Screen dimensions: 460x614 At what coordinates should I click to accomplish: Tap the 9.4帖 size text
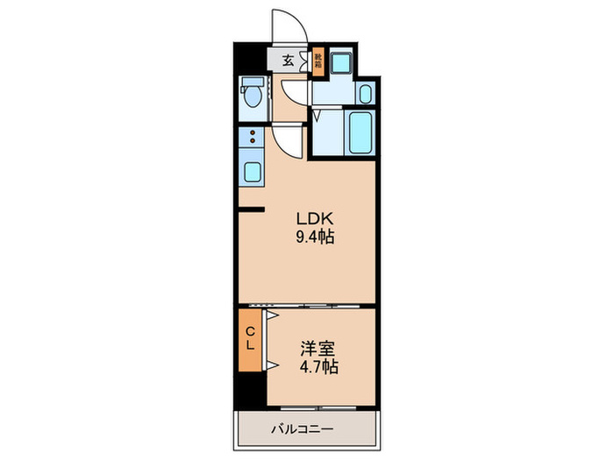click(x=314, y=237)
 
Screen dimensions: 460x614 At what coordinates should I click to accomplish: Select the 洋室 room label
click(x=317, y=347)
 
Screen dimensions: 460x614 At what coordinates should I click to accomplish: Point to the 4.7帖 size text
click(x=317, y=365)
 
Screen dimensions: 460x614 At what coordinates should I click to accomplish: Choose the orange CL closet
click(x=250, y=338)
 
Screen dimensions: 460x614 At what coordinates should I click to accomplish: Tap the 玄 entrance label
click(x=288, y=61)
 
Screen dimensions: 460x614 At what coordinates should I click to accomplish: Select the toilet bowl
click(x=252, y=95)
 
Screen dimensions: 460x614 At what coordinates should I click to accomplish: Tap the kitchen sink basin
click(x=252, y=169)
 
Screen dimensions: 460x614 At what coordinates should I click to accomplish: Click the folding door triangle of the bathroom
click(x=318, y=113)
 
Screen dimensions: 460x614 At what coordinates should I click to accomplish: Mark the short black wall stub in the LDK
click(x=253, y=209)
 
